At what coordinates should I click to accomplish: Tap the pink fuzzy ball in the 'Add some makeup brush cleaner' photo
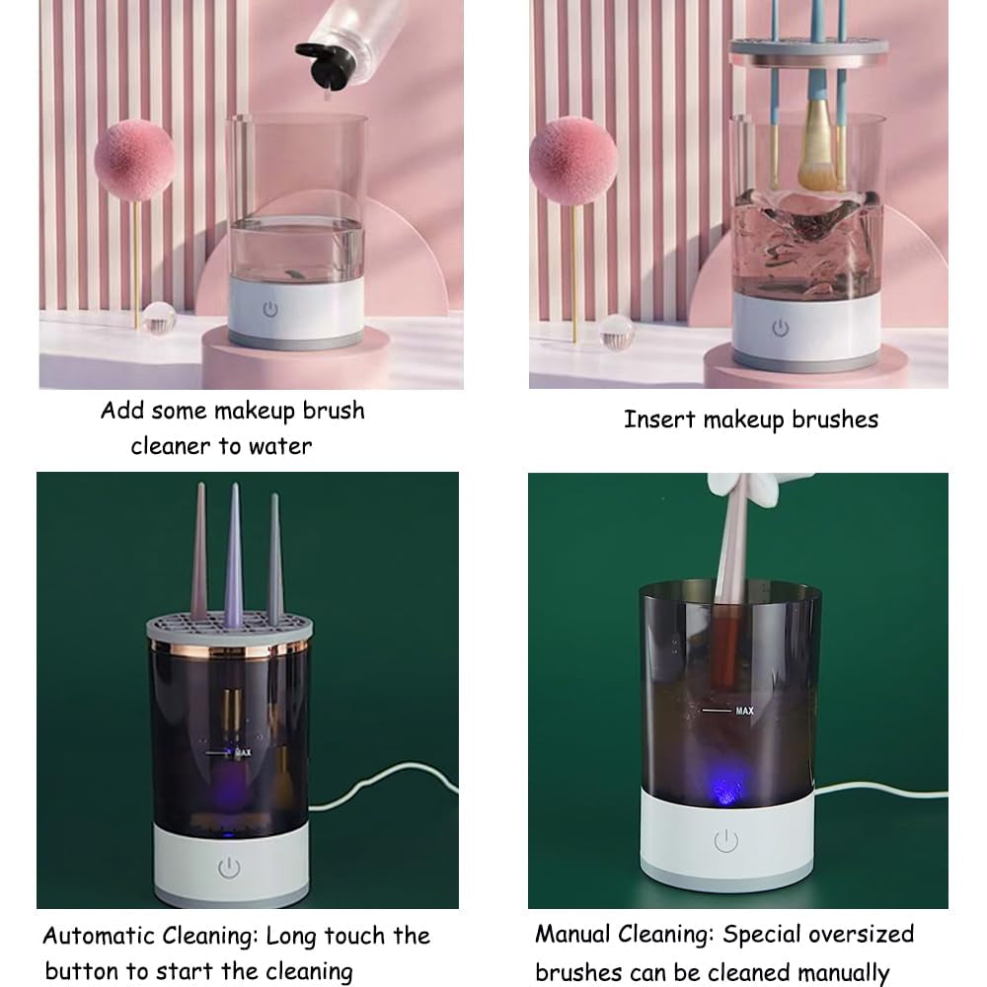[x=134, y=160]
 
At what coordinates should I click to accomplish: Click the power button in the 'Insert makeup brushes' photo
[x=781, y=327]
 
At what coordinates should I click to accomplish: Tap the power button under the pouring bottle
[x=270, y=309]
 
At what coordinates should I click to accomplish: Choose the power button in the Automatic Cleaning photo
[x=229, y=868]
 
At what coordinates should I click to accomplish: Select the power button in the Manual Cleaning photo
[x=725, y=841]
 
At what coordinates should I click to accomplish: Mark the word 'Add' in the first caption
[x=122, y=411]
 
